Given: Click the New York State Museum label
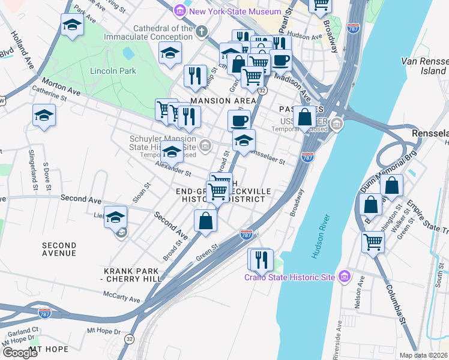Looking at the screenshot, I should click(x=235, y=11).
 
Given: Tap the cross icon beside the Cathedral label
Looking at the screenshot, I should click(x=202, y=30).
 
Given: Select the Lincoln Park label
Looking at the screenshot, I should click(x=113, y=71).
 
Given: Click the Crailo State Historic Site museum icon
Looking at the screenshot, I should click(x=344, y=276).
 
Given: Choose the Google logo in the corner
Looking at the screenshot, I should click(x=20, y=352).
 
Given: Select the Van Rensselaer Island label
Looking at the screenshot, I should click(x=424, y=66).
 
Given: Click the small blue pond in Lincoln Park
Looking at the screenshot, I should click(x=128, y=53).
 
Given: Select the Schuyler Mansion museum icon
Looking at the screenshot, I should click(x=205, y=145).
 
